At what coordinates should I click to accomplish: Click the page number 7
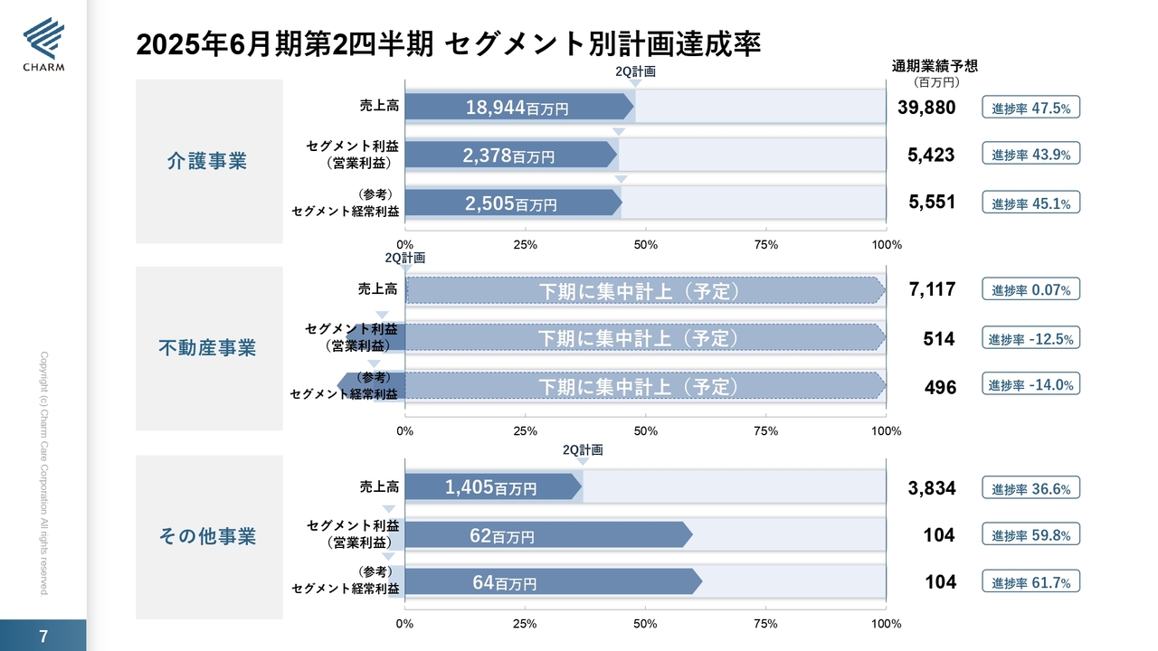pyautogui.click(x=43, y=636)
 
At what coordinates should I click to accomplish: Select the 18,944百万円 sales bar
pyautogui.click(x=518, y=108)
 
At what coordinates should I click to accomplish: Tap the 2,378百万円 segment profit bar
pyautogui.click(x=509, y=155)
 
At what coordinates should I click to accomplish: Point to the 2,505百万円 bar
pyautogui.click(x=512, y=203)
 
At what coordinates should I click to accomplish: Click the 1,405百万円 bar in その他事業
pyautogui.click(x=491, y=487)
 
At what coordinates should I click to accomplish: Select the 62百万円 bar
pyautogui.click(x=546, y=535)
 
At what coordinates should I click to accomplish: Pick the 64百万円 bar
pyautogui.click(x=552, y=582)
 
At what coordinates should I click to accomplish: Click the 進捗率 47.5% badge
pyautogui.click(x=1031, y=108)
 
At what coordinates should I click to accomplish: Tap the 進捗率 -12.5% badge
pyautogui.click(x=1031, y=339)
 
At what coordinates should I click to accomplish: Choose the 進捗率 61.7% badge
pyautogui.click(x=1031, y=582)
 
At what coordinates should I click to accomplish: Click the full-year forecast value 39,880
pyautogui.click(x=926, y=108)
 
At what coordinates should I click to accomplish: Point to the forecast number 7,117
pyautogui.click(x=932, y=290)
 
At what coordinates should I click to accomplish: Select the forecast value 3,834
pyautogui.click(x=932, y=488)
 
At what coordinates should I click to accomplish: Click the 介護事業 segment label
pyautogui.click(x=207, y=161)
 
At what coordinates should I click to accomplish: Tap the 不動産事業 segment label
pyautogui.click(x=207, y=348)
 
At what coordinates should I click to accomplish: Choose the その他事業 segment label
pyautogui.click(x=207, y=536)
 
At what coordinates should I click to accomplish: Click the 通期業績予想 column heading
pyautogui.click(x=935, y=66)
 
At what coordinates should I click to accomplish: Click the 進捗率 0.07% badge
pyautogui.click(x=1031, y=290)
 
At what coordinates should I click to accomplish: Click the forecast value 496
pyautogui.click(x=940, y=387)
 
